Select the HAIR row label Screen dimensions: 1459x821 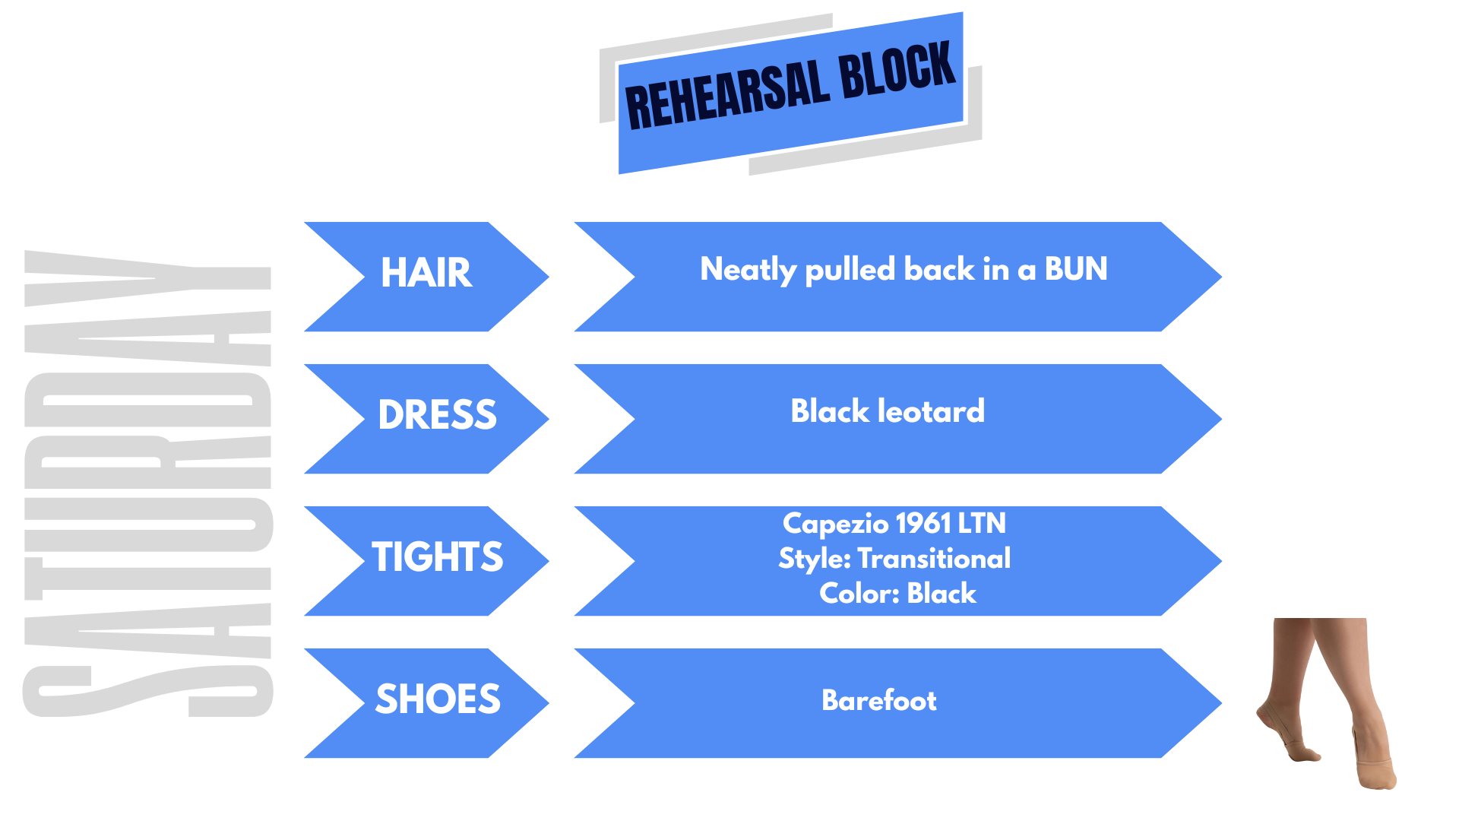(x=426, y=273)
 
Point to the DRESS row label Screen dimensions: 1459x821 (x=437, y=415)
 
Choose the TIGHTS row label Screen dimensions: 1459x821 (x=437, y=557)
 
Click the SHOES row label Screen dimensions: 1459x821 (x=438, y=699)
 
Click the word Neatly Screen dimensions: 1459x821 (x=748, y=270)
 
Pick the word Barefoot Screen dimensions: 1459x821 (x=879, y=700)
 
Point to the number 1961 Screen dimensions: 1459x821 (x=923, y=523)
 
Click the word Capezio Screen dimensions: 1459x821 (x=835, y=524)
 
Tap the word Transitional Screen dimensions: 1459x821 (x=934, y=559)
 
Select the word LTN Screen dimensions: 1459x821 (x=982, y=523)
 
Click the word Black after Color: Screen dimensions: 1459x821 (x=942, y=593)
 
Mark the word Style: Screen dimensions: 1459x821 (x=815, y=559)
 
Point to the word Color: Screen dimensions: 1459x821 (x=859, y=593)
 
